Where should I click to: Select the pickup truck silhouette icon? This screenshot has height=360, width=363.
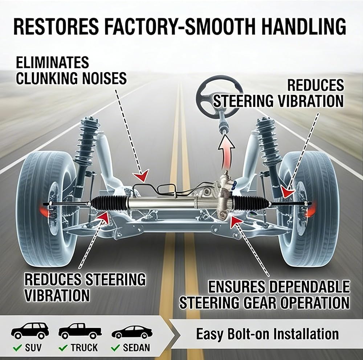pos(80,331)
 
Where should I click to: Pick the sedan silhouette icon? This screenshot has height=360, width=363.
pos(132,332)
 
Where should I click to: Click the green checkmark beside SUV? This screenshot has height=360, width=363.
pos(17,348)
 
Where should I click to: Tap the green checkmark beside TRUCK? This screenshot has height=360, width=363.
pos(63,348)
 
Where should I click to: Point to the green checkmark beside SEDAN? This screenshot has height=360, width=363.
pos(115,348)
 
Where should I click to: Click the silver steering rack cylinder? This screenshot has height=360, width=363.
pos(162,202)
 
